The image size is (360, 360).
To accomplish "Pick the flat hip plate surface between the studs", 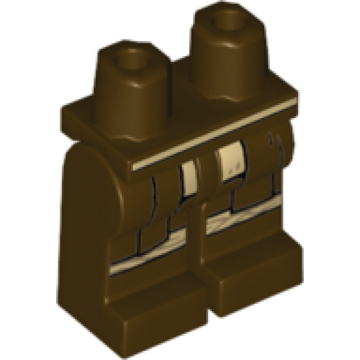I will pyautogui.click(x=180, y=119).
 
